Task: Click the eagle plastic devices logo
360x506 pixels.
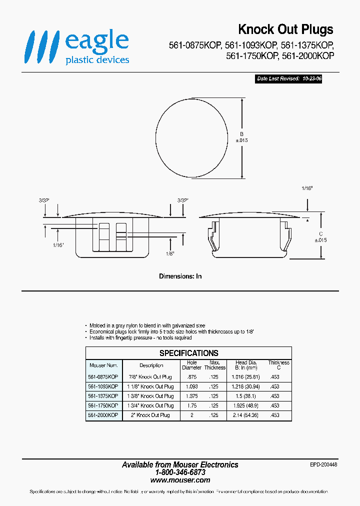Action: [x=77, y=47]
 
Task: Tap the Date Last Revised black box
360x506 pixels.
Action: [x=288, y=79]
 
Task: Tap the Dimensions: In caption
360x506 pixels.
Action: [x=180, y=276]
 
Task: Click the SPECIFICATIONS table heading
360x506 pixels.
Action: [x=188, y=353]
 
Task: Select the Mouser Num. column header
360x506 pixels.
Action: [x=103, y=365]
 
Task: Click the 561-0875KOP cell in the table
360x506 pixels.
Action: [x=103, y=377]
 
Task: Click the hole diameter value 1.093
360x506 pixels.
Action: [x=191, y=386]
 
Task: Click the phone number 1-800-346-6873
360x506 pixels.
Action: [x=180, y=472]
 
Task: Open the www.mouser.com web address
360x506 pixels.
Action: [x=180, y=479]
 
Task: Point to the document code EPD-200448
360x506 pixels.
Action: [x=323, y=464]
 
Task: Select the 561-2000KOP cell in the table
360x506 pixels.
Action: [x=103, y=415]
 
